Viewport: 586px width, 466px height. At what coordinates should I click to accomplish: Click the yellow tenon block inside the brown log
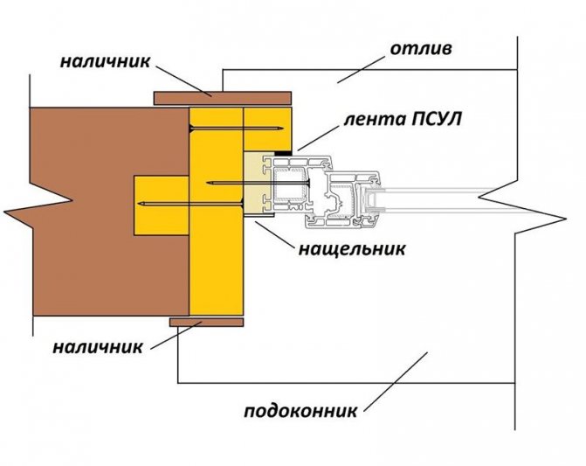161,205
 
